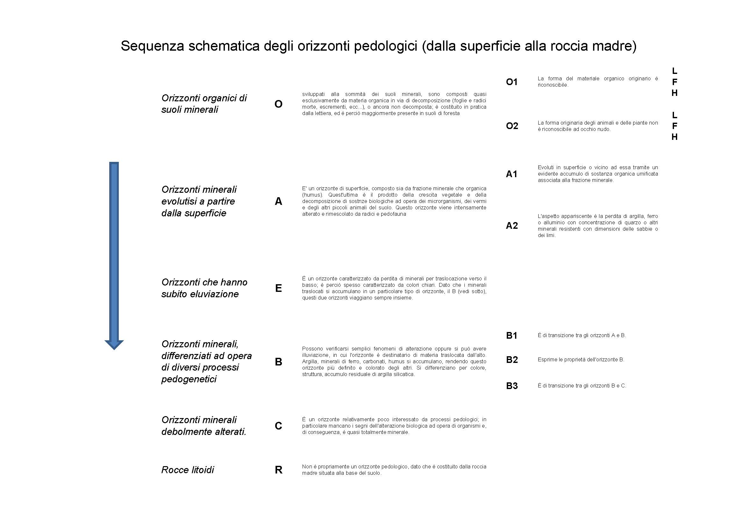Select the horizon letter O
(278, 104)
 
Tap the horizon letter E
(278, 288)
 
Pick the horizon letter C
(278, 426)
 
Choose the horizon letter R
(278, 470)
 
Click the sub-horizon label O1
(512, 82)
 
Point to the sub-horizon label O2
(512, 126)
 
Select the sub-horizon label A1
(512, 174)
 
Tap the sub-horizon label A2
(512, 226)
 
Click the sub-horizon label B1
(512, 336)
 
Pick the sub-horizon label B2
(512, 359)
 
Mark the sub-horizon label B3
(512, 386)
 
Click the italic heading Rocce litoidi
(188, 470)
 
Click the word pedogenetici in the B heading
(189, 379)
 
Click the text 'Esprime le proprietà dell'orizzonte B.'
(581, 359)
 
